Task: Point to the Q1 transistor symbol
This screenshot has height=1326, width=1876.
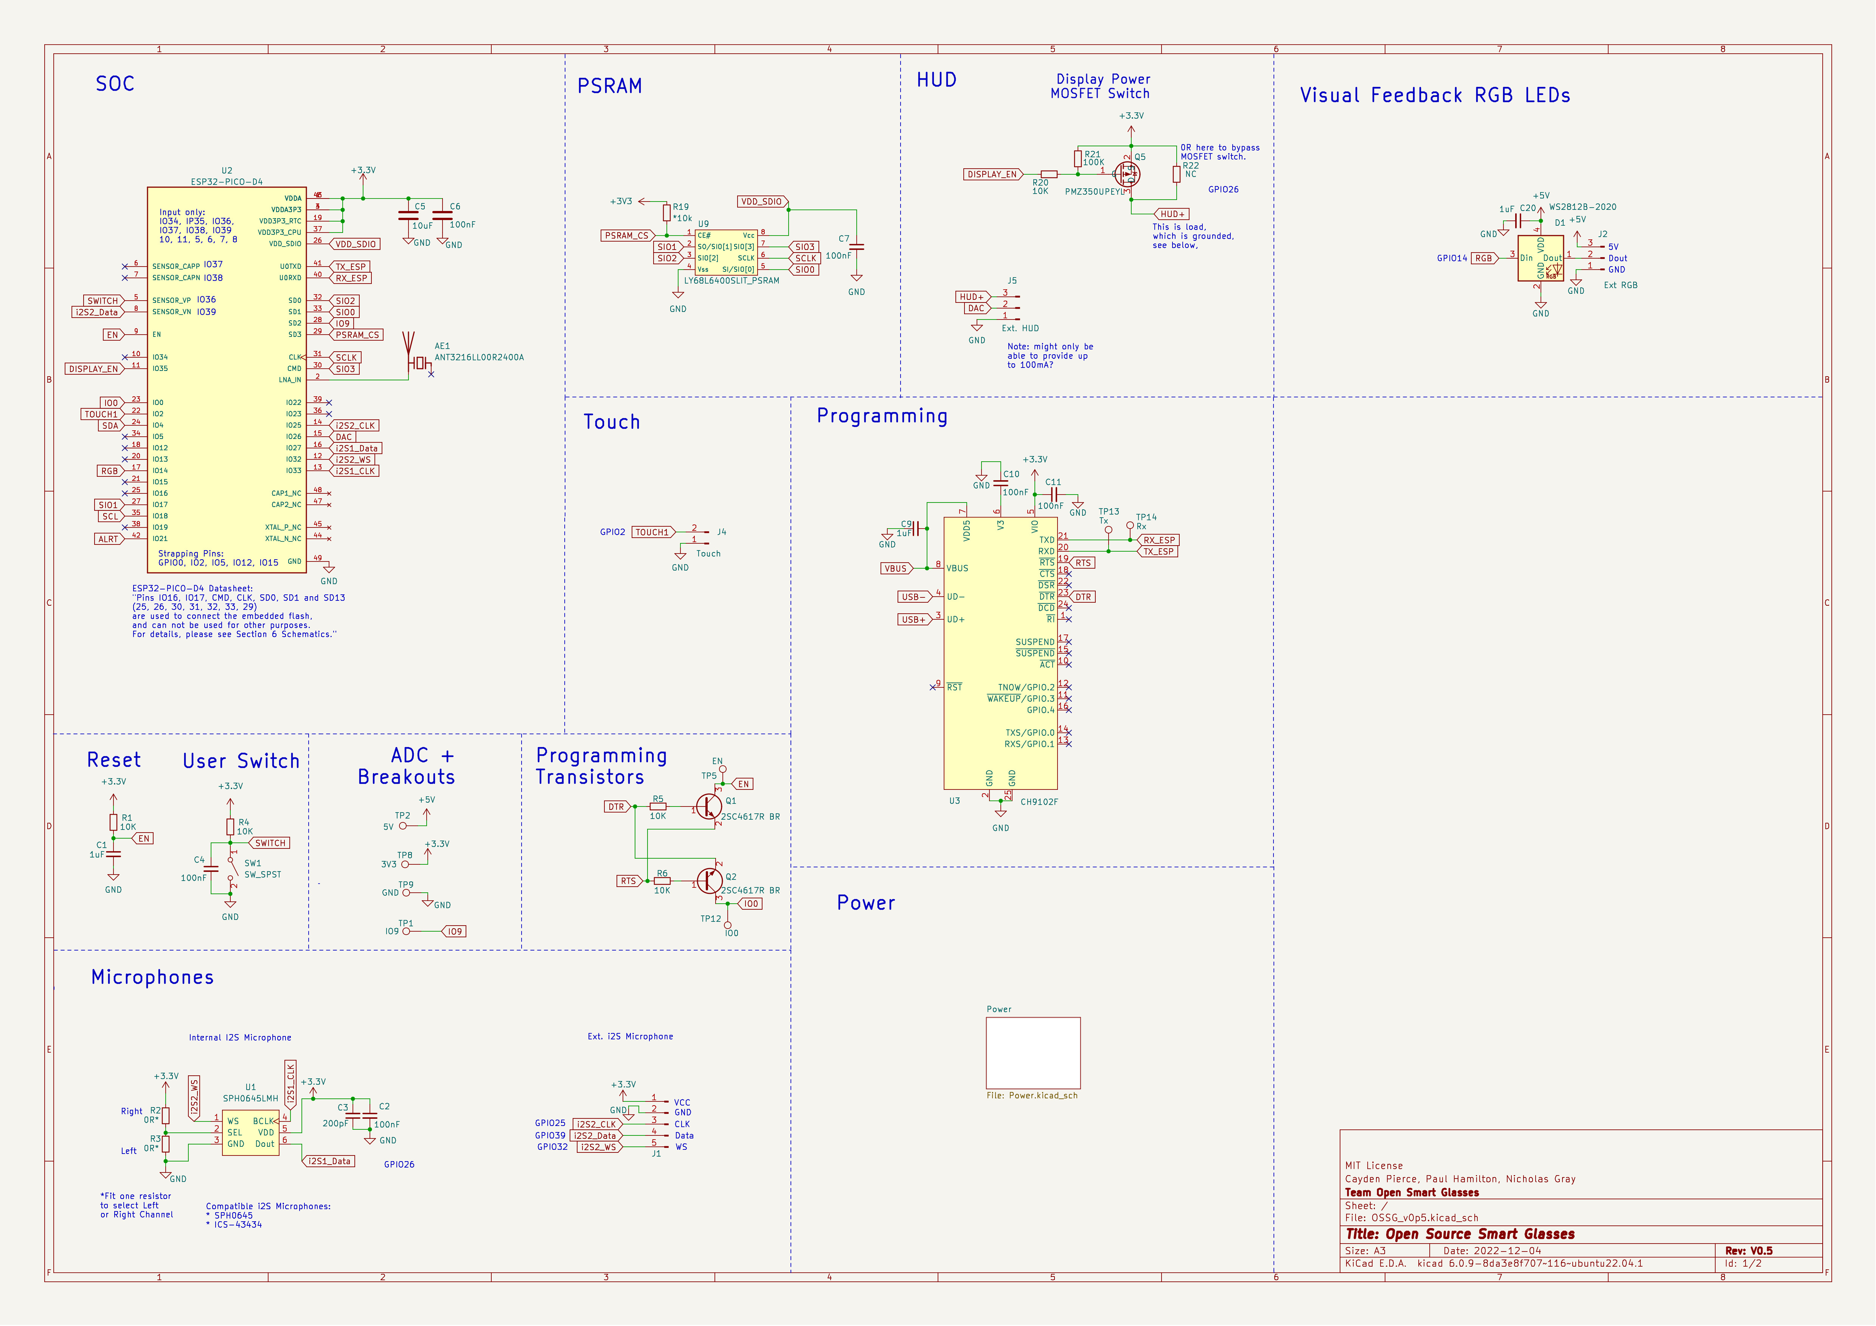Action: pos(709,807)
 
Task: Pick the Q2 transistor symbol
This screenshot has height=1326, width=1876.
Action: pos(709,881)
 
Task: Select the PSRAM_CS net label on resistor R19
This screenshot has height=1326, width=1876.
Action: pos(627,235)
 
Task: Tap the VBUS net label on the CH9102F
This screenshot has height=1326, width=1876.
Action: pos(896,569)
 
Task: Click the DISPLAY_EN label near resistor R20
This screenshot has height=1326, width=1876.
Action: pos(992,174)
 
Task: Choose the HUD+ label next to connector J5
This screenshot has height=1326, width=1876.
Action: pos(972,296)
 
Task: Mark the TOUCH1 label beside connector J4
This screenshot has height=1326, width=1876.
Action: pos(652,532)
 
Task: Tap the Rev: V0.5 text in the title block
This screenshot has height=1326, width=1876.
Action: pos(1749,1251)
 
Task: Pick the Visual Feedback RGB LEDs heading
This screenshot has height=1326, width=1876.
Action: pos(1435,96)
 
